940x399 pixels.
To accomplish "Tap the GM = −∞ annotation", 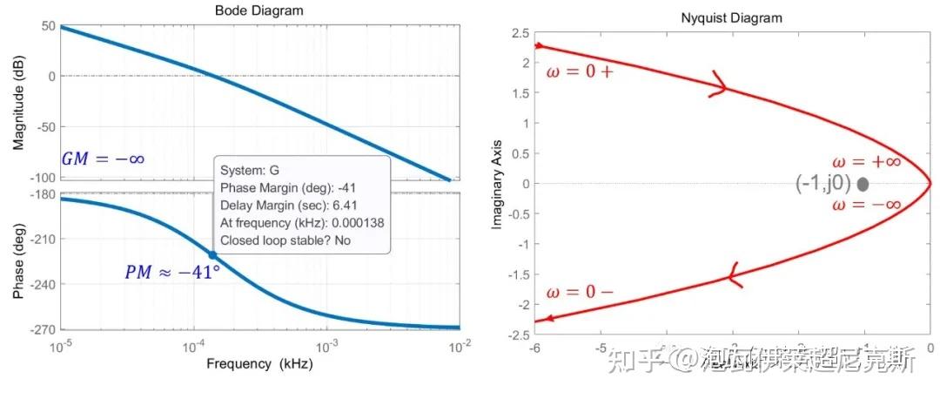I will (103, 159).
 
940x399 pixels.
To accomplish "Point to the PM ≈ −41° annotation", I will (171, 272).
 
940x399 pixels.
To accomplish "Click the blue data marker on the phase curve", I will (212, 254).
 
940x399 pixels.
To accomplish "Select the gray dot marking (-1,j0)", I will (863, 184).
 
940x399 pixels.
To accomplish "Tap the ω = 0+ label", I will (580, 71).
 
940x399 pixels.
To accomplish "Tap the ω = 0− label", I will (580, 291).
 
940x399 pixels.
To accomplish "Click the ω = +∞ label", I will (866, 162).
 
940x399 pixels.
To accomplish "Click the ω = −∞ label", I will (866, 205).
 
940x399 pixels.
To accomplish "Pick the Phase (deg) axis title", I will (17, 260).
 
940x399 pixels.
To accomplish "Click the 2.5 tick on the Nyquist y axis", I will (520, 33).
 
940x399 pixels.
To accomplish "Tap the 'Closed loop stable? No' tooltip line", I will (285, 240).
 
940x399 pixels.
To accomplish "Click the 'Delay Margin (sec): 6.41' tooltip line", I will (291, 205).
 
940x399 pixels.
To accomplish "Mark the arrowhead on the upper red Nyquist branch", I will (718, 86).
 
